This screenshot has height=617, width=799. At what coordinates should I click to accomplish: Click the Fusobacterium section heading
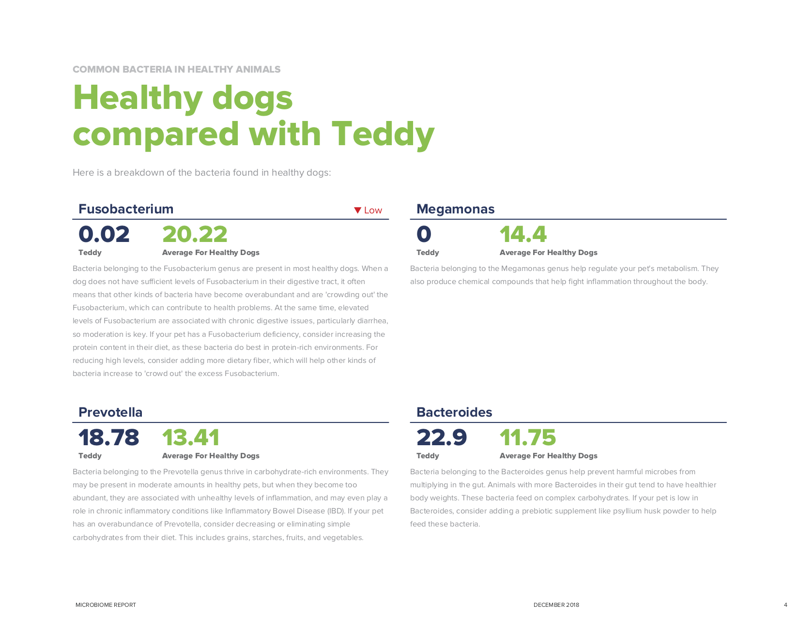coord(126,209)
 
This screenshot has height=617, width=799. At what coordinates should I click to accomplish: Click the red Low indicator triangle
coord(358,211)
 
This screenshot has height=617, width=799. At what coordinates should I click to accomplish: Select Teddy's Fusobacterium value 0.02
coord(104,235)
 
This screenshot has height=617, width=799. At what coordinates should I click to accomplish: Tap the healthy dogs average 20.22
coord(195,235)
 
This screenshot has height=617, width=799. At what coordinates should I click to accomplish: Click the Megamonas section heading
coord(455,209)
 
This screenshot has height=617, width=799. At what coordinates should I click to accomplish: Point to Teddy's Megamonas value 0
coord(424,235)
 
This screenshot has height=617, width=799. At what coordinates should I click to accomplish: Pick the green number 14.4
coord(523,235)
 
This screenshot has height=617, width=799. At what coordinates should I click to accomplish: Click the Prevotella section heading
coord(110,412)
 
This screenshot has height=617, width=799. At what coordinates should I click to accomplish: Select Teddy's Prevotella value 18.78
coord(108,438)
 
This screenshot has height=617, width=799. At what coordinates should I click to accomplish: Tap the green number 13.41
coord(191,438)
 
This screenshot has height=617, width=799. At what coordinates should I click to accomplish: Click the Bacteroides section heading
coord(454,412)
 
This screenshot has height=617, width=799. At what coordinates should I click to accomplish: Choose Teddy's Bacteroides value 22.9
coord(442,438)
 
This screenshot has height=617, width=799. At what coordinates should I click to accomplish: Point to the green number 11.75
coord(528,438)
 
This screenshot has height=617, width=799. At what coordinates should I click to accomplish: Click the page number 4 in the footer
coord(785,605)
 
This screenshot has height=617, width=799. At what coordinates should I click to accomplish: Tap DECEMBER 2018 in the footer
coord(556,605)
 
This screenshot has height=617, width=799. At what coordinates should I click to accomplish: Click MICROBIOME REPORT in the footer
coord(106,605)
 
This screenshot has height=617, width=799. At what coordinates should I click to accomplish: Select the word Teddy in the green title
coord(383,134)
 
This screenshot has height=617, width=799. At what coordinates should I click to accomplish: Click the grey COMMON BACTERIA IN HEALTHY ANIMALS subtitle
coord(176,69)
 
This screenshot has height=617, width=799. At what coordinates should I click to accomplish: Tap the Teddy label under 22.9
coord(428,456)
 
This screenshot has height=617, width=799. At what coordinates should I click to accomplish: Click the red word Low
coord(373,211)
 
